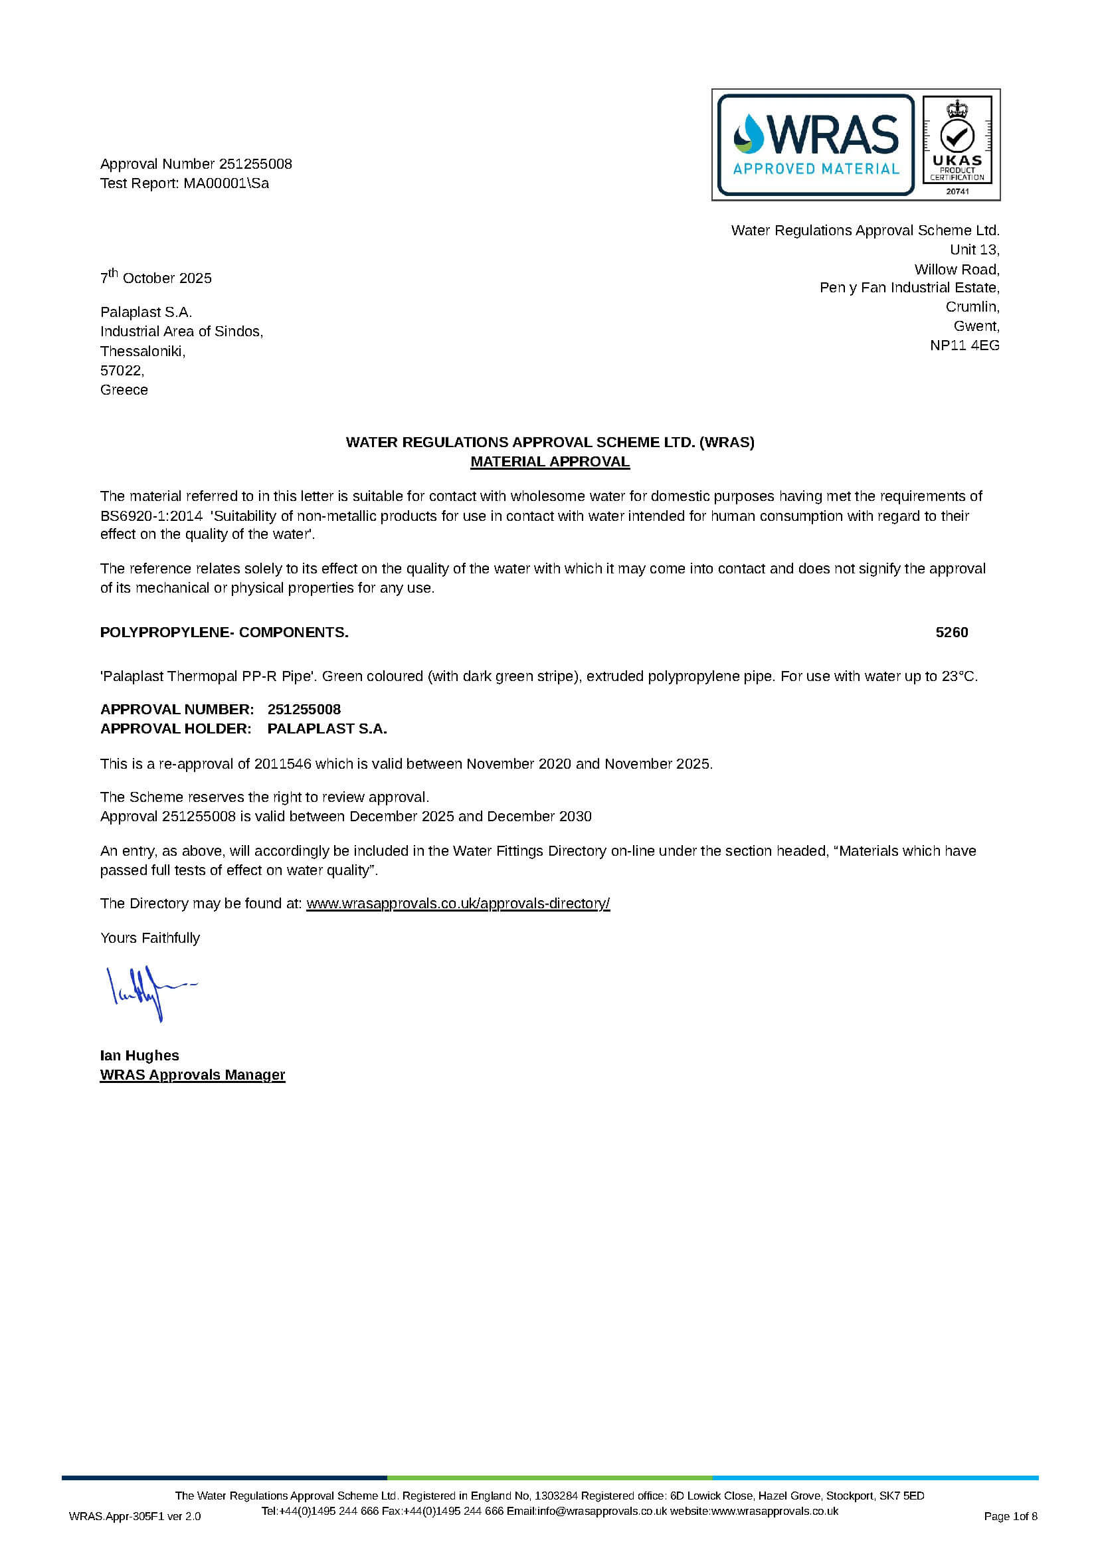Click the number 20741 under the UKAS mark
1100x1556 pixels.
coord(957,191)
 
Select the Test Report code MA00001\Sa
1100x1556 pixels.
coord(226,183)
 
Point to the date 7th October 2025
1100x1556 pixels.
coord(156,277)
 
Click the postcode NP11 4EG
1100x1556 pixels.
coord(964,345)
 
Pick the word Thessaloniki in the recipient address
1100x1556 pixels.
coord(142,351)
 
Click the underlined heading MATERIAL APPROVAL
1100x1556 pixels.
coord(549,462)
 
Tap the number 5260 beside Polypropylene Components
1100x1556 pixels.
coord(952,632)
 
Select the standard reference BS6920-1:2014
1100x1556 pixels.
coord(151,516)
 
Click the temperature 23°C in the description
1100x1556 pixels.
coord(959,676)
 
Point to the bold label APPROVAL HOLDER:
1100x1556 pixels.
coord(175,729)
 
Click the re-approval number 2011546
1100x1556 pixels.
coord(282,764)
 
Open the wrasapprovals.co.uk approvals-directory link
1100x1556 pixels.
coord(458,904)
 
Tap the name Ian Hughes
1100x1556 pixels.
coord(139,1055)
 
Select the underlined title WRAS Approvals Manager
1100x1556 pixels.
coord(193,1075)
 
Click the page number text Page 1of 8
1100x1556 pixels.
coord(1010,1517)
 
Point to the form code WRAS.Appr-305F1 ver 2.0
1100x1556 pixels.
coord(135,1517)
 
